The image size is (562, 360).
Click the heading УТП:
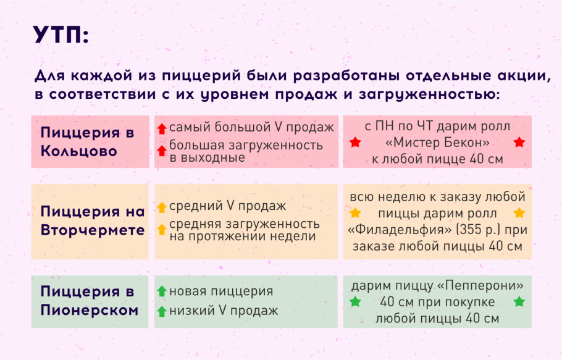(x=61, y=35)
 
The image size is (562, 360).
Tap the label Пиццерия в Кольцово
(x=87, y=141)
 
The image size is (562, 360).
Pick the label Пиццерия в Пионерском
(x=89, y=301)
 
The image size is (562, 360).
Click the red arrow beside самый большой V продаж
(x=162, y=129)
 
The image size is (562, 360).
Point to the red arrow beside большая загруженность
(x=162, y=151)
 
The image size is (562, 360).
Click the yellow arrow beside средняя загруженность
(x=162, y=229)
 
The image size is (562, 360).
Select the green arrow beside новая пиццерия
(x=162, y=291)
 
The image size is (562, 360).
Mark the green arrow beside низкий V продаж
(x=162, y=312)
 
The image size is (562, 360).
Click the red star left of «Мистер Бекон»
(x=355, y=143)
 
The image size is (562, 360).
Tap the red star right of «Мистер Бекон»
(x=519, y=143)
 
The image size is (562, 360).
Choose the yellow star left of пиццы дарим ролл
(x=355, y=214)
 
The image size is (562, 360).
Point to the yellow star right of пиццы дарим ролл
(x=519, y=214)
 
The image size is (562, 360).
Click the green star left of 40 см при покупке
(x=355, y=302)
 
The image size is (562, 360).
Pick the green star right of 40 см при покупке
(x=519, y=302)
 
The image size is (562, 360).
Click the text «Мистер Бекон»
(x=437, y=143)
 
